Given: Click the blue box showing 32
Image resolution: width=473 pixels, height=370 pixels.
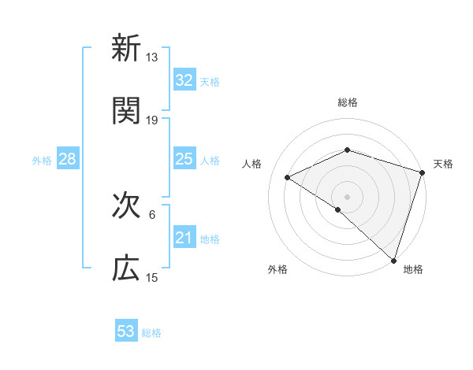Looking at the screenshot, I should tap(184, 80).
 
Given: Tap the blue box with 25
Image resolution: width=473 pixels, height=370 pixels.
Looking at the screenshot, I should tap(184, 159).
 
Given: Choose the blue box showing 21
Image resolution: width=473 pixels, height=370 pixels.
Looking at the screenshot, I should tap(184, 238).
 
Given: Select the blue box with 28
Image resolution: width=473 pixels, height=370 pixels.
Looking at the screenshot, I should tap(67, 159).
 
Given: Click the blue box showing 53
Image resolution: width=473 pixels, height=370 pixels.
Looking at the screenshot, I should tap(126, 331).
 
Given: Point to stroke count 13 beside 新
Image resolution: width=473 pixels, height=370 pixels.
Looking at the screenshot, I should tap(152, 57).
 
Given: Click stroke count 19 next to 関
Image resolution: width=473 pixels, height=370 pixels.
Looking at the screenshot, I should tap(152, 120).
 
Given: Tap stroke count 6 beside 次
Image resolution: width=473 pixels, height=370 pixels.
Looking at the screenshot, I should tap(152, 214).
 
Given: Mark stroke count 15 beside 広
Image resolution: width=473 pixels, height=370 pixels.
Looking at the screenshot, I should tap(152, 277).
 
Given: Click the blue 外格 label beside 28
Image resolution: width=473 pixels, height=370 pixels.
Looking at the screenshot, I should tap(42, 160).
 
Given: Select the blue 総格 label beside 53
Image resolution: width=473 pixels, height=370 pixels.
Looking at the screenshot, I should tap(151, 332).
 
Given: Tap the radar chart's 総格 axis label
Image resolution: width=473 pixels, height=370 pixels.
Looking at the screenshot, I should tap(347, 102).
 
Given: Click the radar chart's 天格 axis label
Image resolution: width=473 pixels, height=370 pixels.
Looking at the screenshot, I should tap(443, 164).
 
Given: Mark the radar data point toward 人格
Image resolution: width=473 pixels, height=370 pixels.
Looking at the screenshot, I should tap(288, 177).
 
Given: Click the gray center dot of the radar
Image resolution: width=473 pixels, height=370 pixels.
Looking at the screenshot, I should tap(347, 196).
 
